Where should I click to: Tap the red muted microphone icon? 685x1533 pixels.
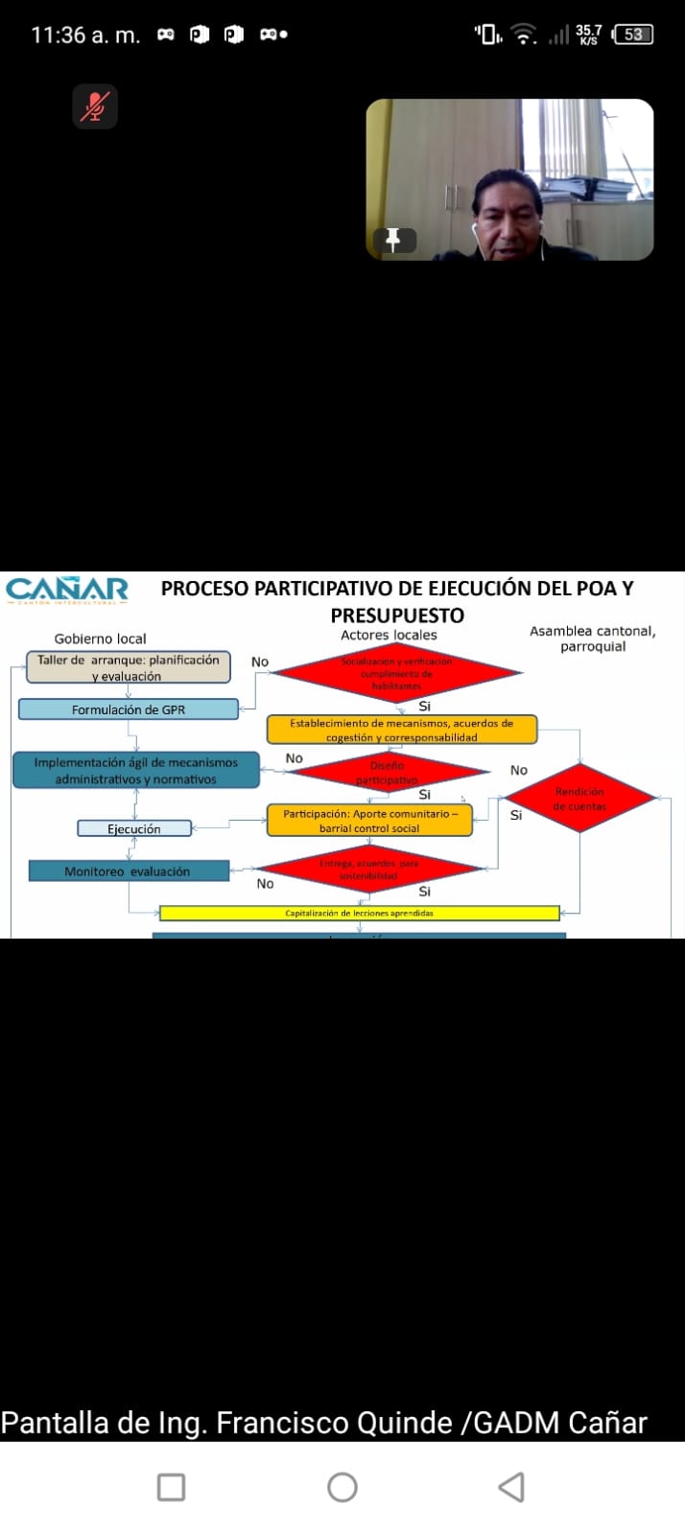point(94,105)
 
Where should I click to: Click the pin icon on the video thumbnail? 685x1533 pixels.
point(393,240)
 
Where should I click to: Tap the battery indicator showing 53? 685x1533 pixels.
point(633,35)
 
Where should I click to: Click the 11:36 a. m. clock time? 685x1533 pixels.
point(85,35)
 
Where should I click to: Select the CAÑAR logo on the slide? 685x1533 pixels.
point(67,589)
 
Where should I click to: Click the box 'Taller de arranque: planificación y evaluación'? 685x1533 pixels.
point(128,667)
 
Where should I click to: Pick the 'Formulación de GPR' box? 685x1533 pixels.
point(129,709)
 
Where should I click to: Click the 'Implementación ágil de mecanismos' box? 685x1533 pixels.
point(135,771)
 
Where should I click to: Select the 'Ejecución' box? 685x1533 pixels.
point(134,828)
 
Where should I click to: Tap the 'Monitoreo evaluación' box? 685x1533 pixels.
point(128,871)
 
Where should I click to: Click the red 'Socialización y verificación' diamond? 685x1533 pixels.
point(396,673)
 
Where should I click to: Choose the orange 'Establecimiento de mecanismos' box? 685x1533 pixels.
point(401,730)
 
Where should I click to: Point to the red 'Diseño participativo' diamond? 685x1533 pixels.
point(387,772)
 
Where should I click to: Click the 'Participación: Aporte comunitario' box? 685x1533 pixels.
point(369,821)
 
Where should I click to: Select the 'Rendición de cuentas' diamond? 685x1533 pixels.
point(579,799)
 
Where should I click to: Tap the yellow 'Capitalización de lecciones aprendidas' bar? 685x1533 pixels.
point(359,913)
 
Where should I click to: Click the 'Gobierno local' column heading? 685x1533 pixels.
point(101,639)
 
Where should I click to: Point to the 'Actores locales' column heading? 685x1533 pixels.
point(389,635)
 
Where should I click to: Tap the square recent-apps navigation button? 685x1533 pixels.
point(171,1487)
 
